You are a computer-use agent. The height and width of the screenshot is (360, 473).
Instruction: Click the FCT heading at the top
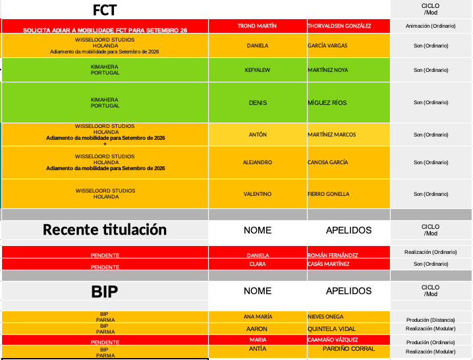(x=105, y=10)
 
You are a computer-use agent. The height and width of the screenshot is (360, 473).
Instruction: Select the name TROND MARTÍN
(x=257, y=26)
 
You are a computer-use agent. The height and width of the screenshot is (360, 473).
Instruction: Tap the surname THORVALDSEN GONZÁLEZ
(x=339, y=26)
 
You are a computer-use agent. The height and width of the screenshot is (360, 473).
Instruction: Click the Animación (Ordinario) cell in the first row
(x=431, y=26)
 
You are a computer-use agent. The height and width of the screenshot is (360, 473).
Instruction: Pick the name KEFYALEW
(x=258, y=70)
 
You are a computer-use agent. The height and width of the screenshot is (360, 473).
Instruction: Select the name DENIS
(x=258, y=103)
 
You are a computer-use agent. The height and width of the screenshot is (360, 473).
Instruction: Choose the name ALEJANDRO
(x=257, y=162)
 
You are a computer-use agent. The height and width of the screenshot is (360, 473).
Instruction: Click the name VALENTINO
(x=258, y=194)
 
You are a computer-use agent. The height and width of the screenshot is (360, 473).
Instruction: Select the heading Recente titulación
(x=105, y=230)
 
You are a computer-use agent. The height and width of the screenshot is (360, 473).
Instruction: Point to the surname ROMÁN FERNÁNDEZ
(x=333, y=255)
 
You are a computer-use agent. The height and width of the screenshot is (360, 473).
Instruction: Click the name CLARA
(x=258, y=264)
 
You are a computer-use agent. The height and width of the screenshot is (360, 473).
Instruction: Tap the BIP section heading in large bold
(x=105, y=291)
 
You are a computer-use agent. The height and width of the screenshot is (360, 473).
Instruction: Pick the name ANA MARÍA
(x=258, y=316)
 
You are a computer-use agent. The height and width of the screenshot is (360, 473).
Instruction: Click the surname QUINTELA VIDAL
(x=331, y=328)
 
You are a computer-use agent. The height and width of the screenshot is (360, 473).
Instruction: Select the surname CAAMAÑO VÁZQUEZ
(x=333, y=340)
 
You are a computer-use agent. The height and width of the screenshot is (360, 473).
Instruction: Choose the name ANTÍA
(x=258, y=349)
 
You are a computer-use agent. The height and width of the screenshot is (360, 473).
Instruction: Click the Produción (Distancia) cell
(x=431, y=320)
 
